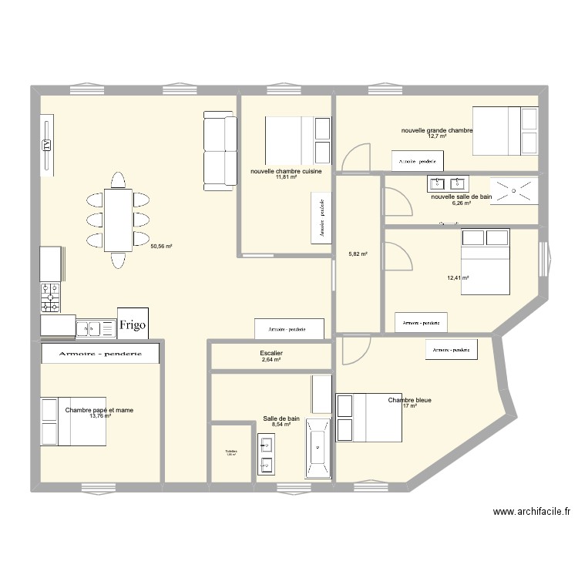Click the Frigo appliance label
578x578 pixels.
[132, 324]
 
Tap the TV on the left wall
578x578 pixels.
[47, 145]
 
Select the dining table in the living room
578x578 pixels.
[118, 220]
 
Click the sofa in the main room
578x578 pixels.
[220, 150]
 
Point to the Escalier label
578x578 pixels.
[271, 353]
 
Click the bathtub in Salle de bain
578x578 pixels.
[318, 448]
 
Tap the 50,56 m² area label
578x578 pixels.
[161, 247]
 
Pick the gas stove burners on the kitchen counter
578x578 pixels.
[51, 298]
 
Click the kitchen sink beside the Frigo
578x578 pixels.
[96, 328]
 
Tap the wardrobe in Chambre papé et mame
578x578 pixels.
[101, 353]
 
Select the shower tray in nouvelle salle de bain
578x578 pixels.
[515, 189]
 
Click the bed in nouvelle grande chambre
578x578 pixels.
[505, 131]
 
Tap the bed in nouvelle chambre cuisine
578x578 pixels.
[297, 140]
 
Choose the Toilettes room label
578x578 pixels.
[231, 452]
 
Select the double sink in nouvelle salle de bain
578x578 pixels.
[447, 183]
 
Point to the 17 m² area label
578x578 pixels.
[408, 406]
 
